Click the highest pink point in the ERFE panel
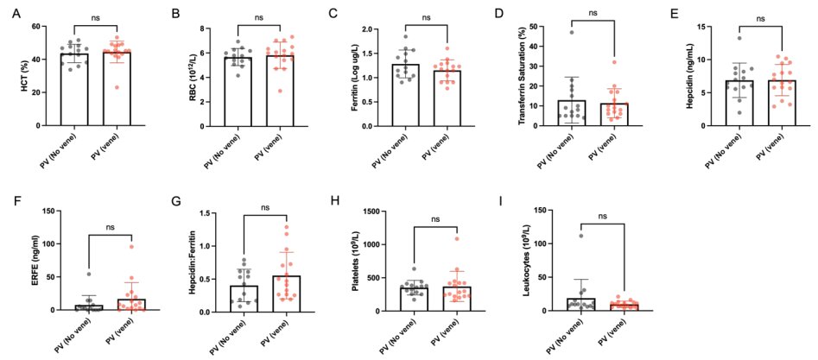[132, 247]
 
